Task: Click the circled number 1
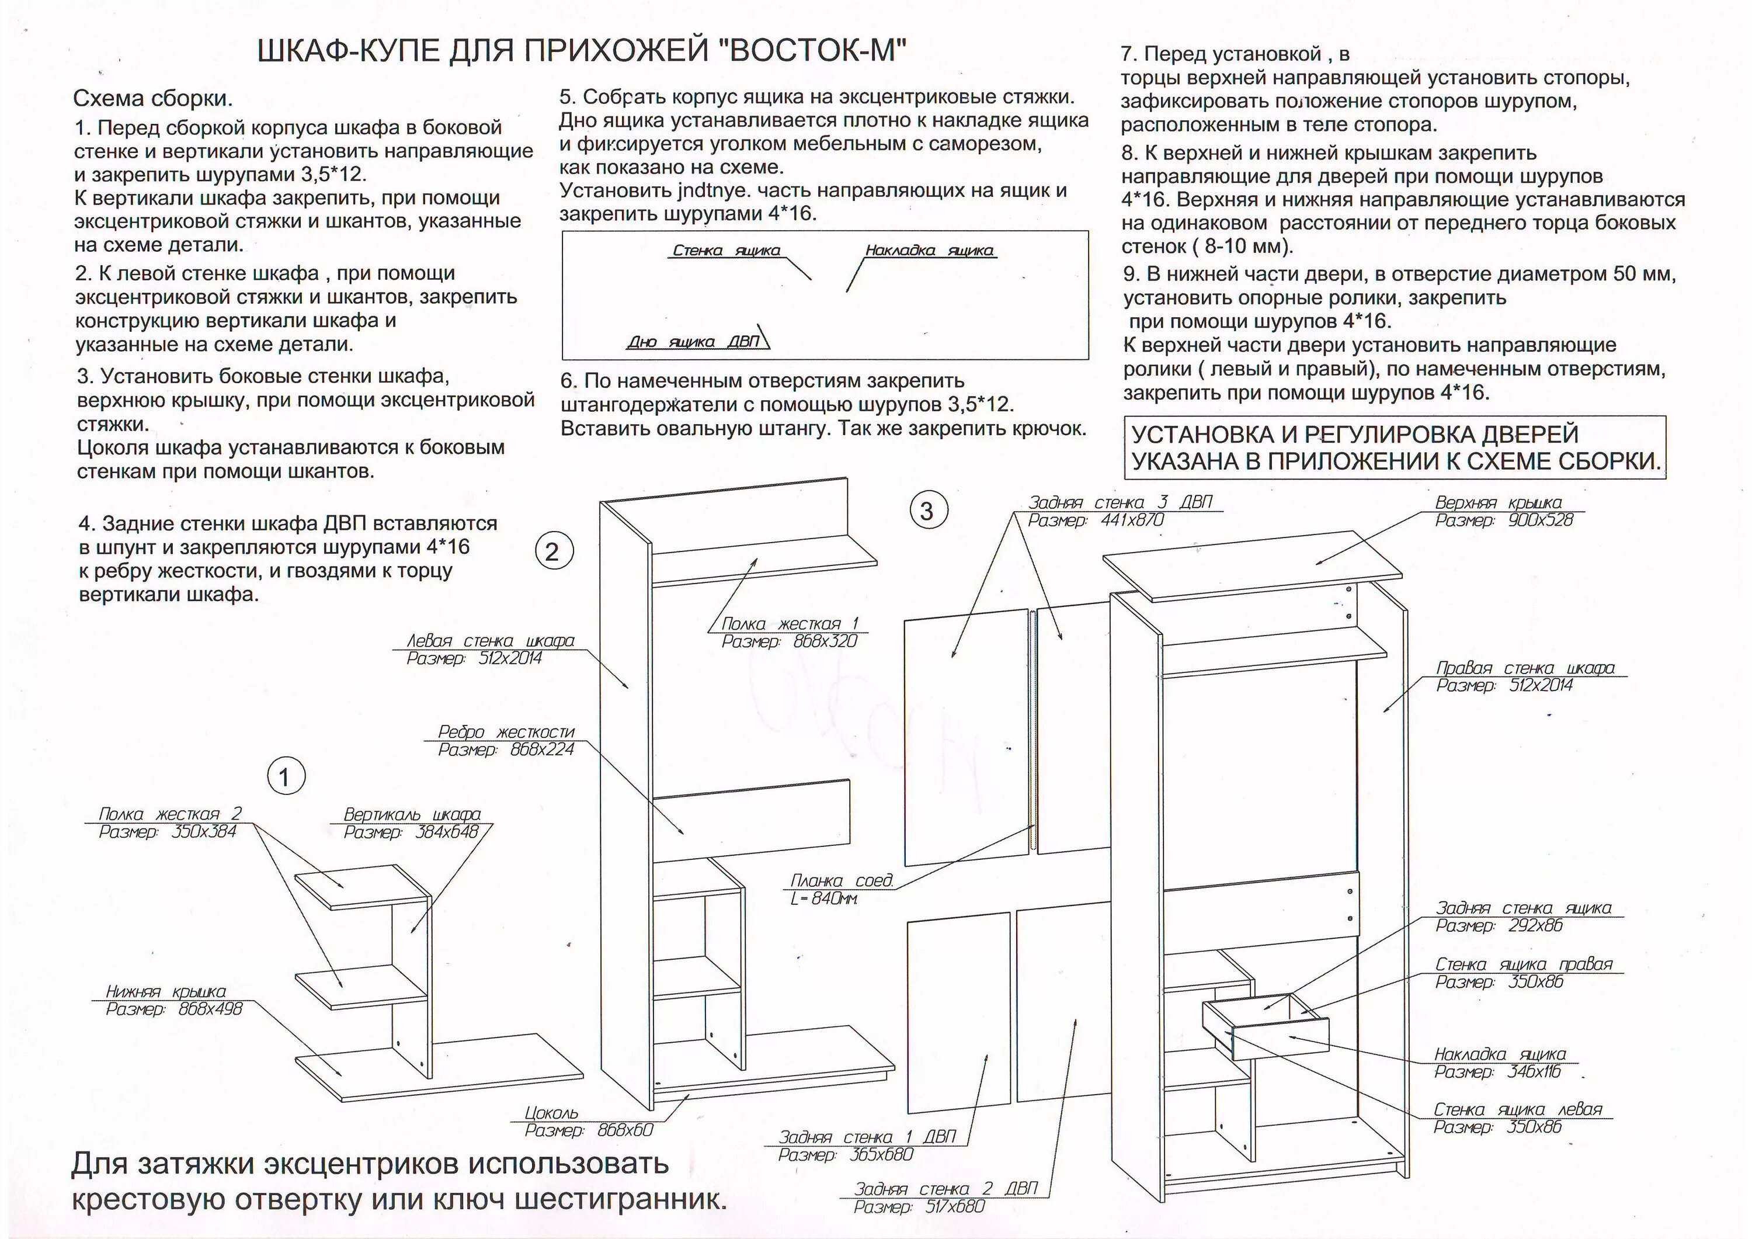click(286, 777)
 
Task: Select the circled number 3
click(927, 511)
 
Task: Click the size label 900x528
click(1541, 520)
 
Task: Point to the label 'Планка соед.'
click(841, 881)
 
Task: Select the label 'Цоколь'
click(552, 1113)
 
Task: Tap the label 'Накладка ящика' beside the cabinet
click(1500, 1054)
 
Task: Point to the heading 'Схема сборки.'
click(152, 99)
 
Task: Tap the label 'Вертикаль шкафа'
click(412, 814)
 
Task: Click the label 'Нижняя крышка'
click(166, 992)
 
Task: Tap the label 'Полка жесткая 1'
click(790, 624)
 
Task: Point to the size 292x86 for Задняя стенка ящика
click(1535, 926)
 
